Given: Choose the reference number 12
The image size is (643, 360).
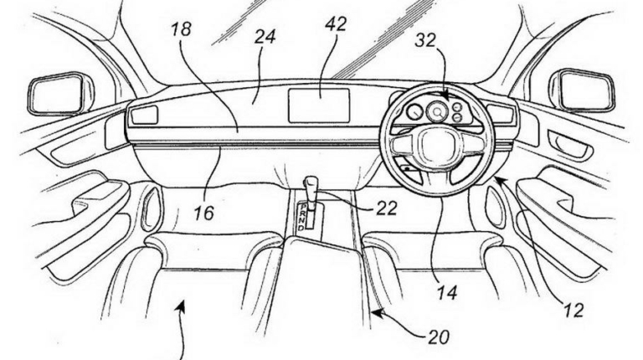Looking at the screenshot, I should pos(572,311).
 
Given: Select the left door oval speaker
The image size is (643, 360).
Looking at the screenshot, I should pos(152,208).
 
